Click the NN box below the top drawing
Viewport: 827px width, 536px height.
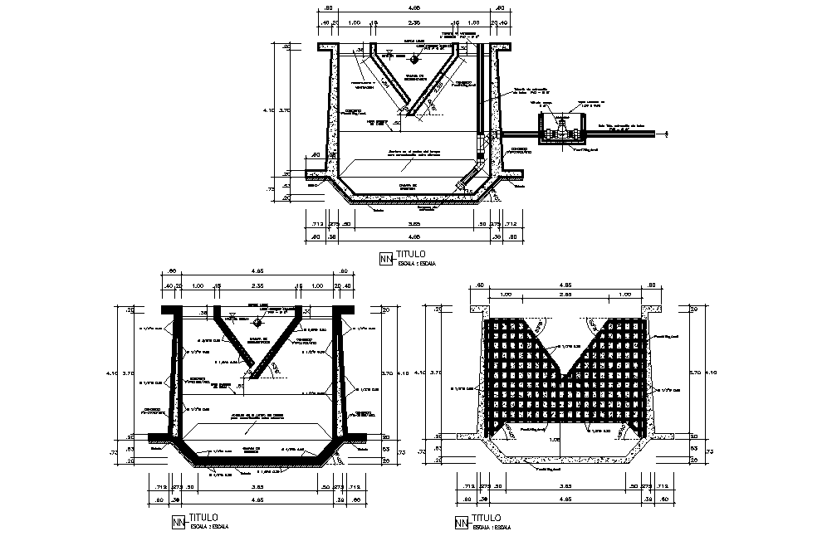coord(385,259)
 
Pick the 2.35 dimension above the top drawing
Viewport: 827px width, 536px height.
coord(413,23)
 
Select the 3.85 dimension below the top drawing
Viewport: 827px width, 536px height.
coord(413,223)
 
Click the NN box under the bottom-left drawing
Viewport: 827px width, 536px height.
coord(177,522)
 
